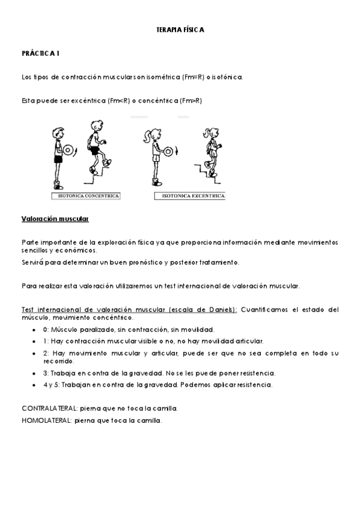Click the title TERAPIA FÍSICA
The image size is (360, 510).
coord(180,29)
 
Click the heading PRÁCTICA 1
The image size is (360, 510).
coord(40,54)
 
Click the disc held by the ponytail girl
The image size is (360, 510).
coord(168,150)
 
